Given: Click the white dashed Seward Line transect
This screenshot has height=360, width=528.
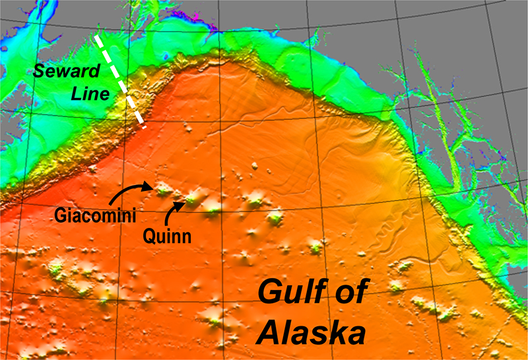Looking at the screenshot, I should [x=121, y=79].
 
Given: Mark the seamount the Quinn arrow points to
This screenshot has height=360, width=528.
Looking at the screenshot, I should [x=191, y=198].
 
